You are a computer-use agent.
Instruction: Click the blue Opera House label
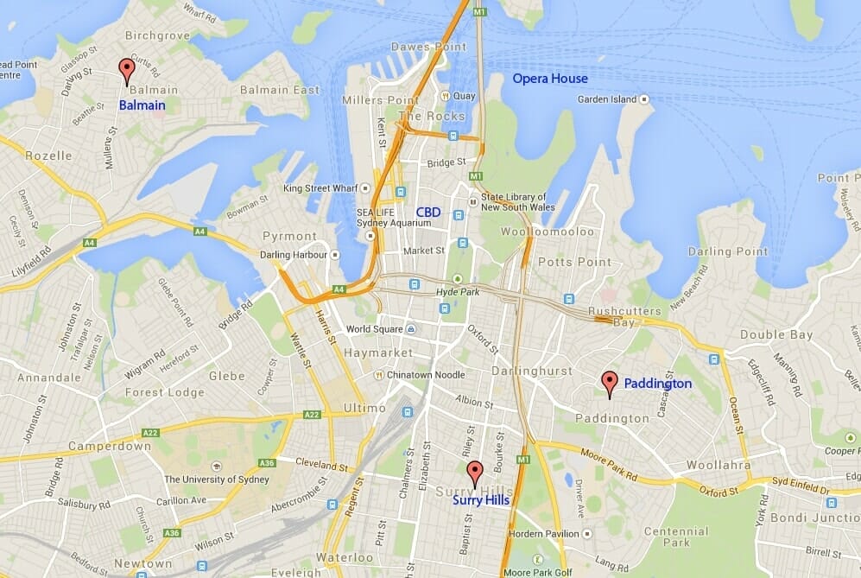coord(550,79)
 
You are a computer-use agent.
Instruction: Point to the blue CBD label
coord(428,212)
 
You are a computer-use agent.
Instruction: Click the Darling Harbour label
coord(294,255)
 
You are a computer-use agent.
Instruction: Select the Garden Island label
coord(608,99)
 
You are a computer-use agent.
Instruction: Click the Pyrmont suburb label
coord(290,236)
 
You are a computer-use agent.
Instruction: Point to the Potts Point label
coord(568,261)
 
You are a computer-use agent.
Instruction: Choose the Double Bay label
coord(776,334)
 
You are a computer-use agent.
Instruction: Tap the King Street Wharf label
coord(322,187)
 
